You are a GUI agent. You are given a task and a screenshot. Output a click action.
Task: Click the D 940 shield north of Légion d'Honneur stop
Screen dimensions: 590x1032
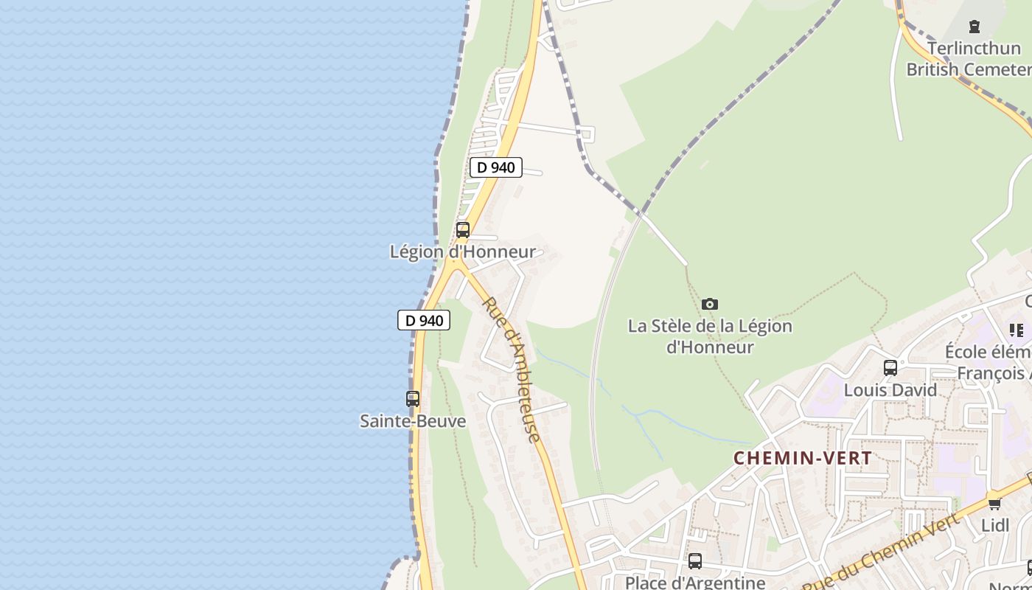[496, 167]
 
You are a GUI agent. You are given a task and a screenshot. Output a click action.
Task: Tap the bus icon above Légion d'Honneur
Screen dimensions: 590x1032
[463, 229]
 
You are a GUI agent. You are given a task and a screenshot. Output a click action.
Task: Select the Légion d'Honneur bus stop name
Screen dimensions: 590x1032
[463, 251]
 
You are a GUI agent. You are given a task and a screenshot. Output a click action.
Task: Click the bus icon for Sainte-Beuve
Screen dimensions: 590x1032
[413, 399]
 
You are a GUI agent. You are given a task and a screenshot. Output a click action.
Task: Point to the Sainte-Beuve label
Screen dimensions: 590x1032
[413, 421]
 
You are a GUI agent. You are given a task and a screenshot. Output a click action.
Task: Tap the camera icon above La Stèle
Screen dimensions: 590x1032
[710, 304]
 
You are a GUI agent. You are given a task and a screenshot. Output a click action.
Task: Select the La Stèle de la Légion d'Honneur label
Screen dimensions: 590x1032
[710, 336]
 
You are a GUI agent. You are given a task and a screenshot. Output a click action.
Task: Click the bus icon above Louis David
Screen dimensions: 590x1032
[890, 367]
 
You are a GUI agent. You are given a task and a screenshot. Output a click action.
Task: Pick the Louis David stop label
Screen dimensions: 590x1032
[890, 389]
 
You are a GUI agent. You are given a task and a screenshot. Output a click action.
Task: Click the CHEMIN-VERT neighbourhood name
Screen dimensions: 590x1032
[803, 458]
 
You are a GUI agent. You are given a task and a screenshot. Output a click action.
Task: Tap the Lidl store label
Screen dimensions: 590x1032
[995, 525]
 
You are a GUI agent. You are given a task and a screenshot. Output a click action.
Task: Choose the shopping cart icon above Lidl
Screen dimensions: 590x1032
[994, 504]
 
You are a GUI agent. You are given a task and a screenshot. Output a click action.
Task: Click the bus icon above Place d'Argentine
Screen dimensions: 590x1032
[695, 561]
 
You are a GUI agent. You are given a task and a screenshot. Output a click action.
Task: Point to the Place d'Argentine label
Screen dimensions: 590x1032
[695, 583]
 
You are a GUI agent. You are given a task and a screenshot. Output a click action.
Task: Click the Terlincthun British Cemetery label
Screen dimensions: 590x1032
[970, 59]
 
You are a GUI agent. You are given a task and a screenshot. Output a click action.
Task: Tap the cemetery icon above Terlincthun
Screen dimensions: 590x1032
[975, 27]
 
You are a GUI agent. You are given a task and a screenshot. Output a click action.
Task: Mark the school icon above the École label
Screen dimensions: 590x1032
[1017, 330]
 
